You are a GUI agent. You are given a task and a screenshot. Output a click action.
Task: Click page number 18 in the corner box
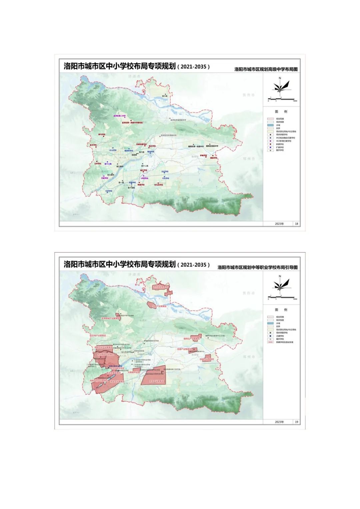click(x=297, y=224)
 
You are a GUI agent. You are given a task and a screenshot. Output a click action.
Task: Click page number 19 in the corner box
click(x=297, y=422)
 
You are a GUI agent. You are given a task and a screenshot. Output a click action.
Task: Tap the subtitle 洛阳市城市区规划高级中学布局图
click(x=266, y=69)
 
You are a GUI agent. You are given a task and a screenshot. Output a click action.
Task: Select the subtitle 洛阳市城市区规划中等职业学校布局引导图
click(x=257, y=267)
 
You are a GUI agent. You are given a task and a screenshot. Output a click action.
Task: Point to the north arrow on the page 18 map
click(x=280, y=85)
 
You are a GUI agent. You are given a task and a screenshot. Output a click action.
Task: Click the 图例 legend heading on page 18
click(x=281, y=112)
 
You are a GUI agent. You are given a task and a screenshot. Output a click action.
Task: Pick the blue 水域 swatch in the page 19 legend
click(x=270, y=323)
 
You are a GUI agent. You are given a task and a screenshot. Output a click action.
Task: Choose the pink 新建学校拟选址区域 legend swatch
click(x=270, y=342)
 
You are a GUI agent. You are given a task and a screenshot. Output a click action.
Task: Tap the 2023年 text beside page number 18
click(x=279, y=224)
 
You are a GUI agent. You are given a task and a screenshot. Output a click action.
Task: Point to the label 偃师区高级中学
click(x=212, y=146)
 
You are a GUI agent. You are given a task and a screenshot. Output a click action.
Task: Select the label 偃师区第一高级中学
click(x=196, y=146)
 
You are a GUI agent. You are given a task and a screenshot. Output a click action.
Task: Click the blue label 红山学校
click(x=113, y=150)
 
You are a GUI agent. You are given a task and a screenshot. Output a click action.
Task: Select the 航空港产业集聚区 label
click(x=97, y=336)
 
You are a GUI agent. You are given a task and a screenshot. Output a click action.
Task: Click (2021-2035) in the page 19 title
click(x=194, y=265)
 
